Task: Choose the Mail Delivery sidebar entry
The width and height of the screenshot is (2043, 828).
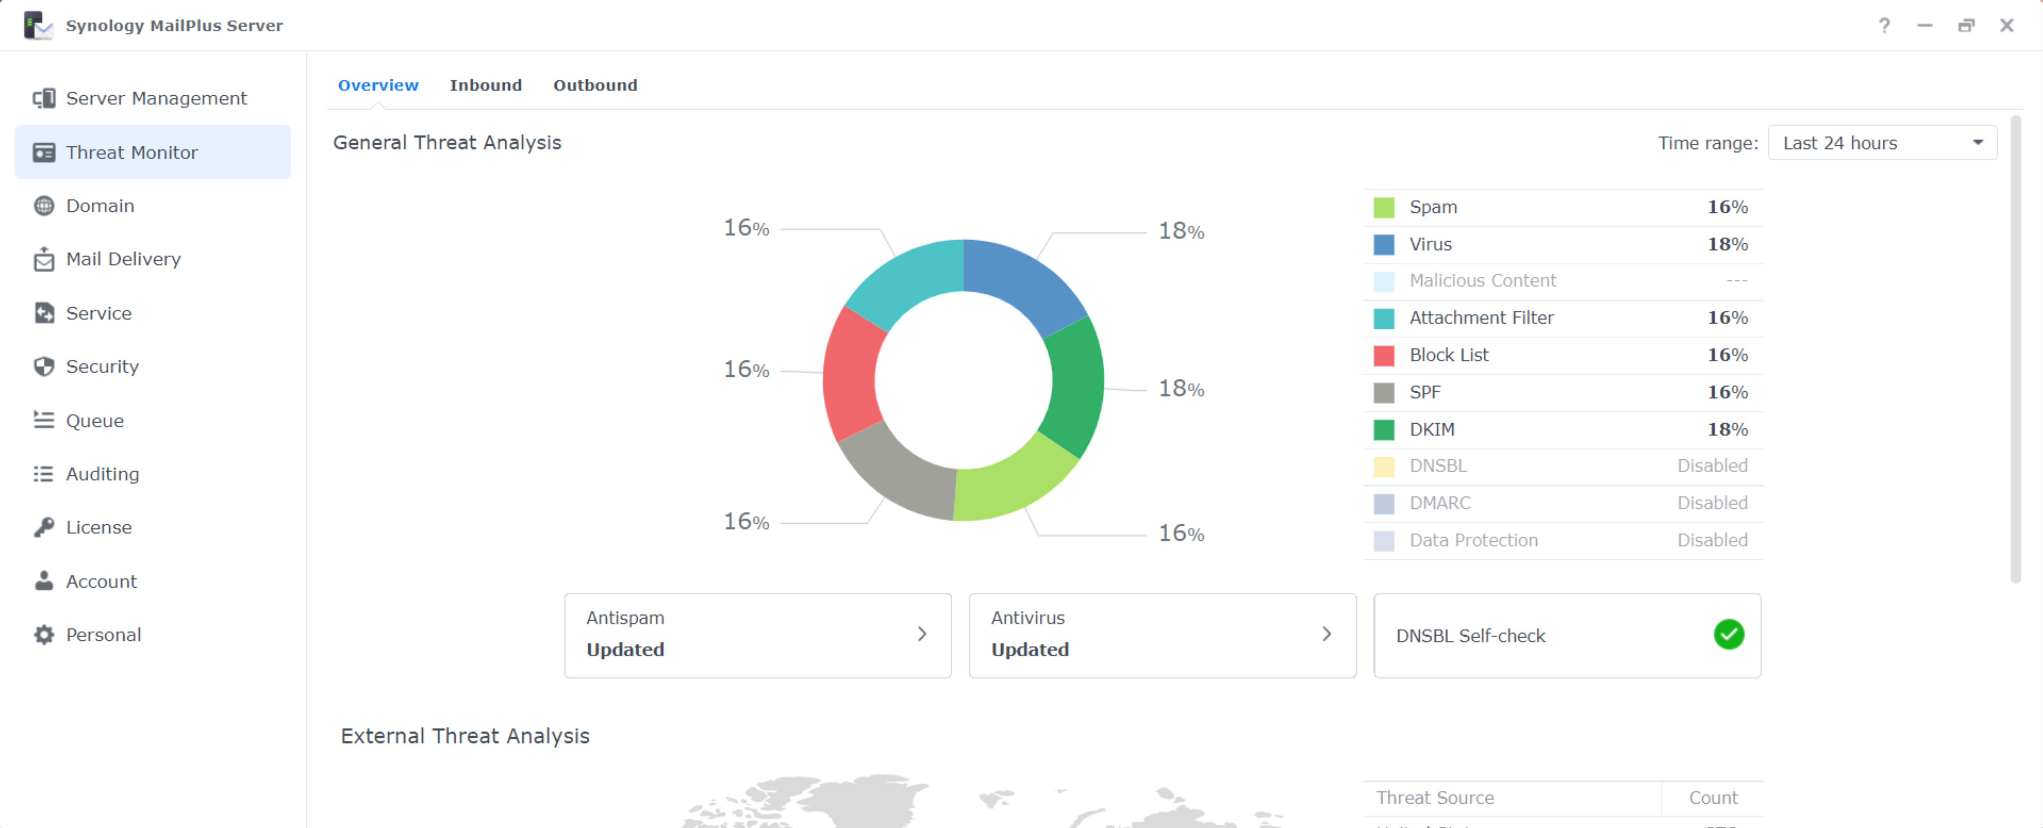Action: pyautogui.click(x=123, y=259)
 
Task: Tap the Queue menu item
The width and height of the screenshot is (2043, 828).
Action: pyautogui.click(x=94, y=421)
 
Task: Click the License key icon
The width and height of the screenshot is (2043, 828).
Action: pyautogui.click(x=44, y=527)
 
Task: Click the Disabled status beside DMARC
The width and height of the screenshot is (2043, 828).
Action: pyautogui.click(x=1712, y=503)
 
